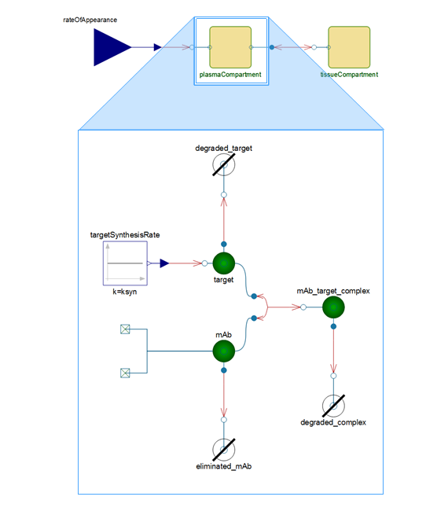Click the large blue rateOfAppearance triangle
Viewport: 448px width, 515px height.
tap(110, 47)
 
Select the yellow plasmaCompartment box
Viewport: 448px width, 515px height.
tap(230, 47)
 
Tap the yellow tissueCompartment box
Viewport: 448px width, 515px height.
tap(349, 47)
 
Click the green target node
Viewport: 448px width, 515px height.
tap(224, 263)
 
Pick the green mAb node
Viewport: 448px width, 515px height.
tap(224, 351)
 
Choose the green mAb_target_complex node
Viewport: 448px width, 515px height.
tap(333, 307)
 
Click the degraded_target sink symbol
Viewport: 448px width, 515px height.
tap(224, 164)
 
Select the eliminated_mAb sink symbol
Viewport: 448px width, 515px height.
tap(224, 450)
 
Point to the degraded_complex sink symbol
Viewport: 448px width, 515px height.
tap(333, 406)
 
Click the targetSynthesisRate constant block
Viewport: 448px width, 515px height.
tap(125, 263)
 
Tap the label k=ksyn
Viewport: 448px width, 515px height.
tap(125, 292)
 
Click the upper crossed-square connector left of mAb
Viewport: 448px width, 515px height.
tap(125, 329)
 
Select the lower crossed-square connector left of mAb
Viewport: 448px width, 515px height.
tap(125, 373)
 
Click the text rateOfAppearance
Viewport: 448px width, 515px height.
tap(90, 20)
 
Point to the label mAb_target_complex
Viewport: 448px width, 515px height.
tap(333, 291)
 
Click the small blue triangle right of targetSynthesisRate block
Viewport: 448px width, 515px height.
tap(164, 263)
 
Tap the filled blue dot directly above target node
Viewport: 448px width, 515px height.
tap(224, 244)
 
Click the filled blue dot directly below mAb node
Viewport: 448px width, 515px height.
tap(224, 370)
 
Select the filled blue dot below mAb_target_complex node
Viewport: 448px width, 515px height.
tap(333, 326)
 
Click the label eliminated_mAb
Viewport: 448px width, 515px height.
tap(224, 466)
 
